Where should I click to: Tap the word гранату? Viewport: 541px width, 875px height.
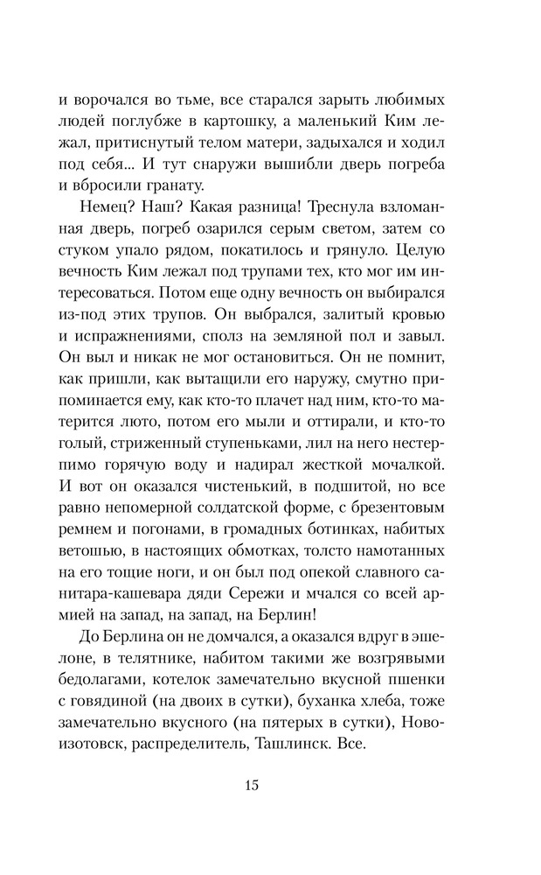pyautogui.click(x=176, y=185)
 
